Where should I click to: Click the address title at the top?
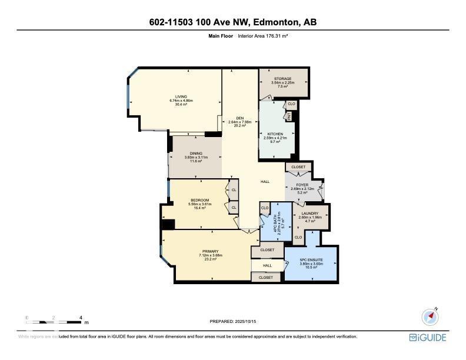232,22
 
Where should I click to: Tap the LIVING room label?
181,97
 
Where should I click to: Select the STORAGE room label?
282,79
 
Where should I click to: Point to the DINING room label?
196,154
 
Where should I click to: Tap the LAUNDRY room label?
309,213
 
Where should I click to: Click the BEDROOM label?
199,201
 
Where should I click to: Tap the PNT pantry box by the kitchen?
289,116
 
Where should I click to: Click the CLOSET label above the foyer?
298,167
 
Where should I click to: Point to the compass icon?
431,317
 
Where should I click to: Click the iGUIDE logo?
428,338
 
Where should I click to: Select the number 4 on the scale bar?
80,318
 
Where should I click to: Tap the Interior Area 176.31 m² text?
262,36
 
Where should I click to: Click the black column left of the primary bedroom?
168,224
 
